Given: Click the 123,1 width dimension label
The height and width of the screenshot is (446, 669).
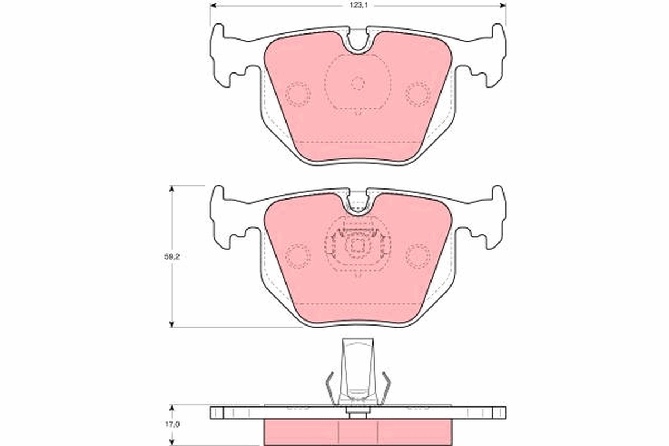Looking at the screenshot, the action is click(358, 6).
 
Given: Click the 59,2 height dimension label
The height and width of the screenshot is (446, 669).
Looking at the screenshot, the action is click(172, 256).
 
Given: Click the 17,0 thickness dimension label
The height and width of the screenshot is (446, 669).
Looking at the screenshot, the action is click(172, 424).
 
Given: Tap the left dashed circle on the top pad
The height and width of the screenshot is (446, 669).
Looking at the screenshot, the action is click(298, 94).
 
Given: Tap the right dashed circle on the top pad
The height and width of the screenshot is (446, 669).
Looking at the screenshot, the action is click(418, 94).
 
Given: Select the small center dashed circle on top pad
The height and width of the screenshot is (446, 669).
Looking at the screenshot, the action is click(358, 83).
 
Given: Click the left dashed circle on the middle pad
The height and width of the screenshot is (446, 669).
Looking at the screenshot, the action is click(298, 256).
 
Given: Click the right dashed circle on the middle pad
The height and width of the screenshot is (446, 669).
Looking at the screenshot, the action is click(418, 256).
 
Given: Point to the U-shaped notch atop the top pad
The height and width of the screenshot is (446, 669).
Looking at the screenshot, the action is click(358, 45).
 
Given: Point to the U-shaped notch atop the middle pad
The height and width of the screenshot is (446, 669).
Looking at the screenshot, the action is click(358, 207).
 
